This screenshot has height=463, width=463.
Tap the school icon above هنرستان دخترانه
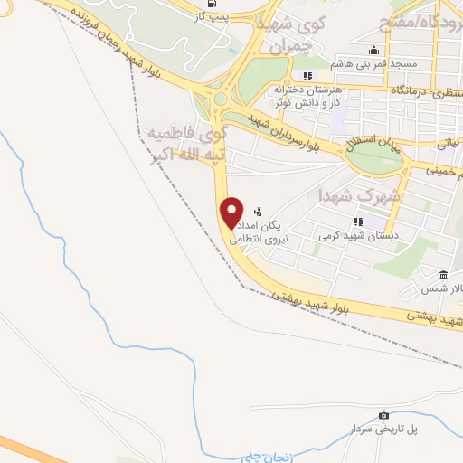tap(307, 76)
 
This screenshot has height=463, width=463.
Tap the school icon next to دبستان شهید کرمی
tap(359, 221)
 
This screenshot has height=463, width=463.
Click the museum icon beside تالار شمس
tap(443, 275)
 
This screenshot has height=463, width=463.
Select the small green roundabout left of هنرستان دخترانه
tap(219, 98)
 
